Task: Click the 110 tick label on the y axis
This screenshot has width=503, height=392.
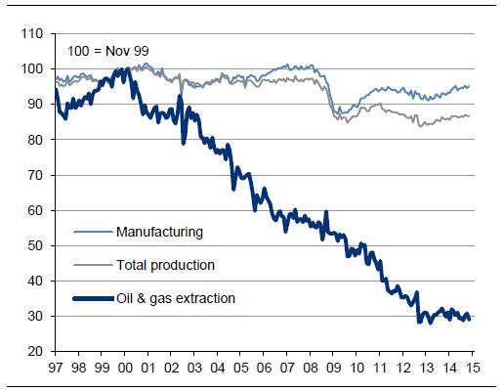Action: click(x=32, y=34)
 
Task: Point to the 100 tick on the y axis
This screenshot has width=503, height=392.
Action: click(x=32, y=69)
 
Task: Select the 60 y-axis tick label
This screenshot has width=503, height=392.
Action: click(x=35, y=210)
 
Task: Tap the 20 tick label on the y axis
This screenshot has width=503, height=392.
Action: click(x=35, y=351)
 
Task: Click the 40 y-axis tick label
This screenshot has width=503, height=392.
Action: click(x=35, y=281)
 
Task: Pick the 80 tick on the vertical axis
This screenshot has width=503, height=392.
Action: click(x=35, y=140)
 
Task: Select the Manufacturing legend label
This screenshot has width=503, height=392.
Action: click(x=159, y=232)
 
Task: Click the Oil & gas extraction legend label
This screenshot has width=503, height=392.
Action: click(x=175, y=297)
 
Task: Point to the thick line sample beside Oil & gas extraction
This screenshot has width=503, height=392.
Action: click(x=92, y=297)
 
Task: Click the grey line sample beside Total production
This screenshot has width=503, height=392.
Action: click(x=92, y=265)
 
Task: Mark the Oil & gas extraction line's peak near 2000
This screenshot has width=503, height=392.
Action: click(x=125, y=69)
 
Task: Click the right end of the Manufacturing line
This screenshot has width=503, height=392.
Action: click(x=470, y=86)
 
